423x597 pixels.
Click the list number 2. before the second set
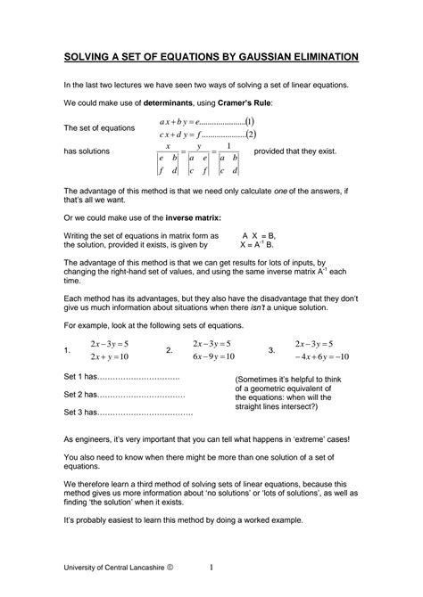click(x=170, y=351)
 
